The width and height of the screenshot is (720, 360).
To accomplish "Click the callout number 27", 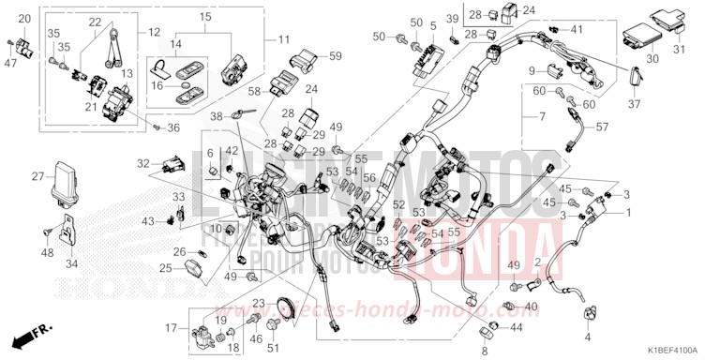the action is click(x=37, y=176).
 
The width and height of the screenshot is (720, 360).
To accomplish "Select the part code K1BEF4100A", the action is click(x=670, y=351).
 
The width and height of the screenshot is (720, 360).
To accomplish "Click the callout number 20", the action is click(x=25, y=20).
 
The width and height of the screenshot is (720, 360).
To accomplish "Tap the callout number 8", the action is click(x=484, y=351).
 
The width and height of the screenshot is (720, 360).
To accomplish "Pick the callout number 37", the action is click(x=634, y=103).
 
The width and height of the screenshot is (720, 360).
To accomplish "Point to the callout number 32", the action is click(x=142, y=162).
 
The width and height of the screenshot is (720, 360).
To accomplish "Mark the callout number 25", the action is click(x=164, y=268).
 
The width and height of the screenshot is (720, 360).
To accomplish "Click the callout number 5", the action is click(x=433, y=22).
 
